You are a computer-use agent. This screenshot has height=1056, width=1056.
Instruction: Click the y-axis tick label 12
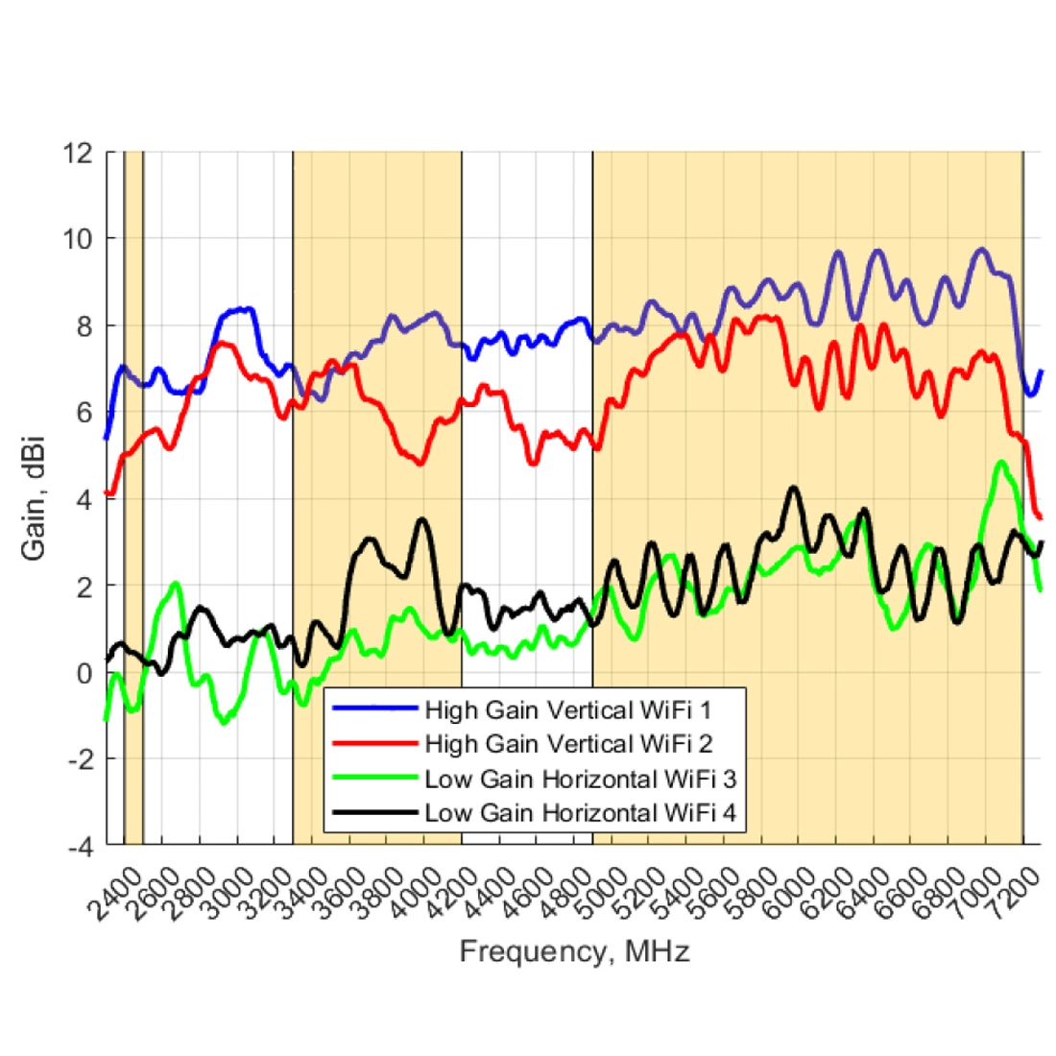(x=80, y=153)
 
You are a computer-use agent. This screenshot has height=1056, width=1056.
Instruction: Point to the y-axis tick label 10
(x=80, y=239)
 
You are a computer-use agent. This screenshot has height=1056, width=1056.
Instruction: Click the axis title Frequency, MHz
(x=574, y=952)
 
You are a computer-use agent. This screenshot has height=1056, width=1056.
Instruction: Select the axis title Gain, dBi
(x=35, y=499)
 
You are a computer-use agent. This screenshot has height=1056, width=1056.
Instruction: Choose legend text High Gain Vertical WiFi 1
(x=568, y=710)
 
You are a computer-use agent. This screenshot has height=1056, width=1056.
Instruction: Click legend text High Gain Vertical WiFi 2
(x=568, y=744)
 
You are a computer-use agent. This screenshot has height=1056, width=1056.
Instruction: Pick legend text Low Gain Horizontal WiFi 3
(x=580, y=779)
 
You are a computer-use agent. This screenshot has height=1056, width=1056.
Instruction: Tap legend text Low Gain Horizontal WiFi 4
(x=580, y=813)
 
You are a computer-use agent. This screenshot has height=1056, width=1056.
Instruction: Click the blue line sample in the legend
(x=373, y=710)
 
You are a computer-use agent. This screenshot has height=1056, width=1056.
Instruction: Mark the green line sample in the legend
(x=373, y=779)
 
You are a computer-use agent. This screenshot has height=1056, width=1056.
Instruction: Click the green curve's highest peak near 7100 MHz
(x=1002, y=463)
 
